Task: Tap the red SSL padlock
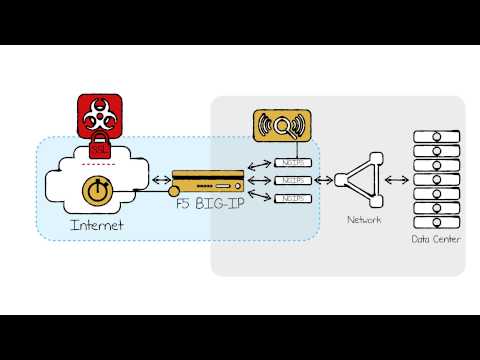pyautogui.click(x=99, y=149)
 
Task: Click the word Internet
pyautogui.click(x=96, y=226)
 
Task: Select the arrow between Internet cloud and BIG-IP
pyautogui.click(x=159, y=181)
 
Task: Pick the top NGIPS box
pyautogui.click(x=291, y=162)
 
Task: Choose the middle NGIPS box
pyautogui.click(x=291, y=180)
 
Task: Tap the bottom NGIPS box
pyautogui.click(x=291, y=198)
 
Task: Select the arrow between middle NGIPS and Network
pyautogui.click(x=322, y=180)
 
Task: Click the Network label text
pyautogui.click(x=363, y=218)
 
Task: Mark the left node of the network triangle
pyautogui.click(x=339, y=180)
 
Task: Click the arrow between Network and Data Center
pyautogui.click(x=395, y=180)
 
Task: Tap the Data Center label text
pyautogui.click(x=437, y=239)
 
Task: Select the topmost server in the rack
pyautogui.click(x=436, y=137)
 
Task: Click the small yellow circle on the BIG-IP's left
pyautogui.click(x=175, y=189)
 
